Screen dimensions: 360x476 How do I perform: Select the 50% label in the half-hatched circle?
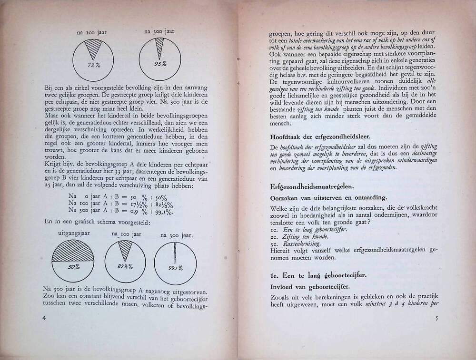pyautogui.click(x=73, y=267)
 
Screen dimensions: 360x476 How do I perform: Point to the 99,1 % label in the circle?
pyautogui.click(x=177, y=268)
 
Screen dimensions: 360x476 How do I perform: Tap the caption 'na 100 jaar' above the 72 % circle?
pyautogui.click(x=91, y=33)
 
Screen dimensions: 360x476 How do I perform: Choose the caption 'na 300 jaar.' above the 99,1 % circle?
pyautogui.click(x=176, y=235)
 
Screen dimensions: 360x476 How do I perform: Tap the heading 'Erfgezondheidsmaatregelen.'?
pyautogui.click(x=315, y=185)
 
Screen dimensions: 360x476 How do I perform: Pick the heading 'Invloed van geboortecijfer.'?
pyautogui.click(x=303, y=287)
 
